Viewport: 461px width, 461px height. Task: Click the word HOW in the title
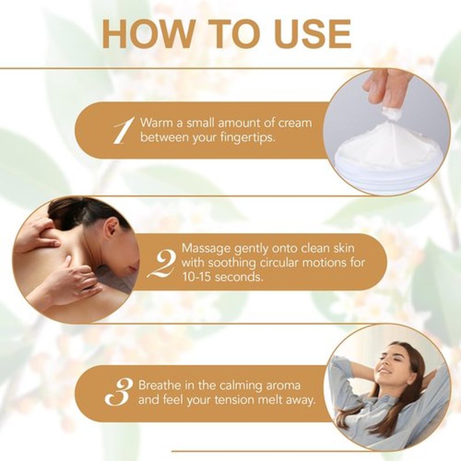148,34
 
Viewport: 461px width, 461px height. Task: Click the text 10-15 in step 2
197,277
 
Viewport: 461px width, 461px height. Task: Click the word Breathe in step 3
159,385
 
